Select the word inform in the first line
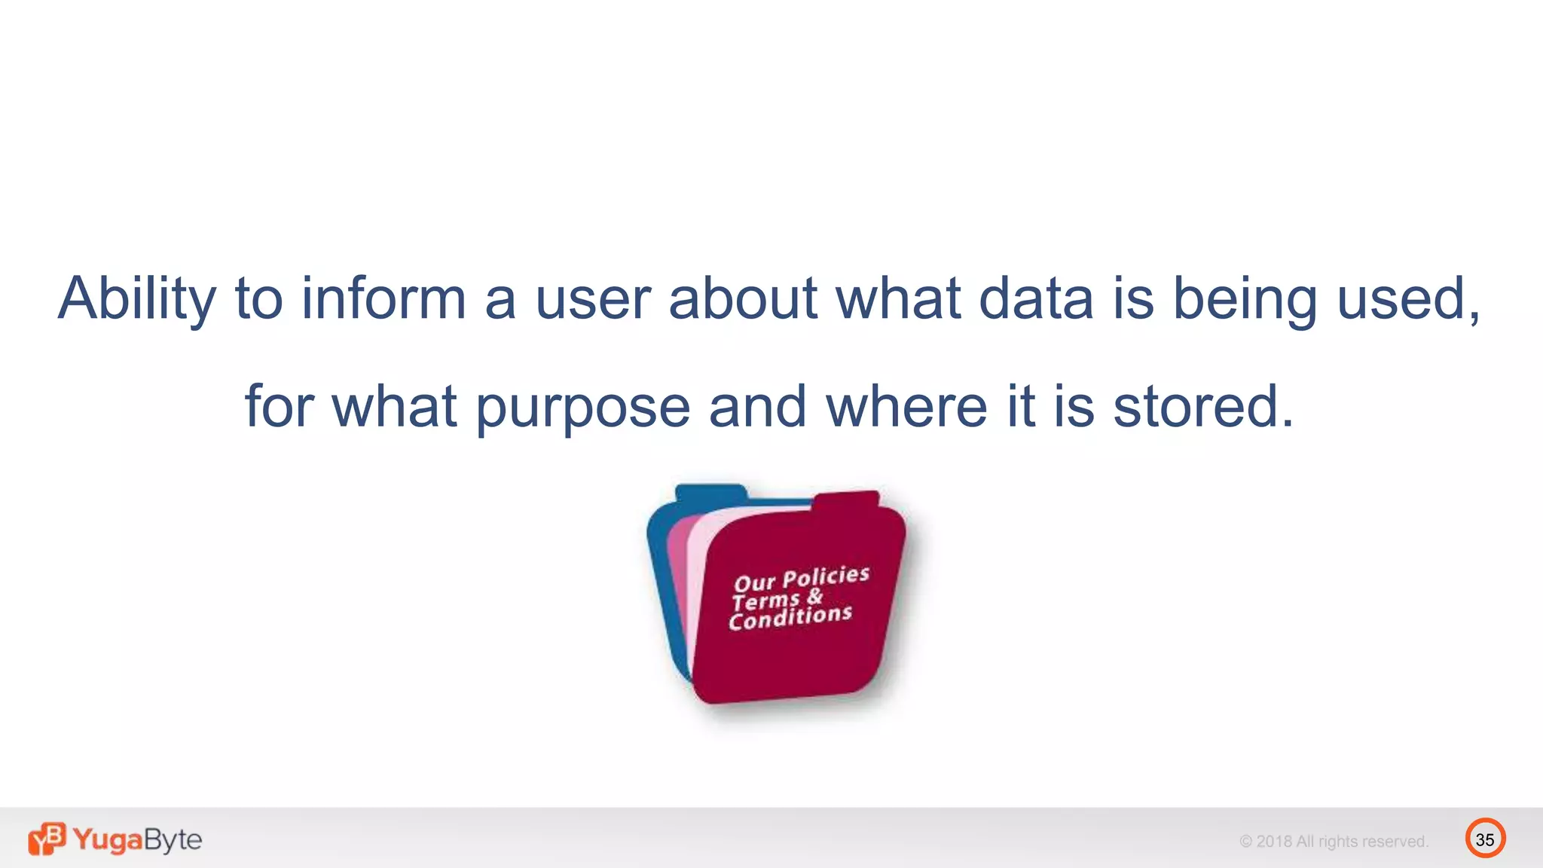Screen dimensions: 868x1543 pyautogui.click(x=383, y=298)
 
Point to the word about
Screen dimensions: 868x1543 pyautogui.click(x=743, y=298)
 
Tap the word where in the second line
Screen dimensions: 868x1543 pyautogui.click(x=906, y=407)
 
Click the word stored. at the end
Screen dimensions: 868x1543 pyautogui.click(x=1203, y=407)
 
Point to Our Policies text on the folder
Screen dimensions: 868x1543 pyautogui.click(x=802, y=579)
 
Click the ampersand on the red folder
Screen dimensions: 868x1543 pyautogui.click(x=814, y=597)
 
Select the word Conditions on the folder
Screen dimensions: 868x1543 pyautogui.click(x=790, y=616)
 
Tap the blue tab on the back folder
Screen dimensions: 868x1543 pyautogui.click(x=710, y=494)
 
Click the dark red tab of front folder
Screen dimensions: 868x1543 pyautogui.click(x=846, y=502)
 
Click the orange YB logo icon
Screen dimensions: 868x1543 pyautogui.click(x=47, y=839)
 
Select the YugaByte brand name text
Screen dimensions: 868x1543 pyautogui.click(x=137, y=839)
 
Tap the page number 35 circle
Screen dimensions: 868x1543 pyautogui.click(x=1485, y=839)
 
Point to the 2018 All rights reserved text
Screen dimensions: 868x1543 pyautogui.click(x=1334, y=842)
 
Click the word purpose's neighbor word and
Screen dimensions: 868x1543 pyautogui.click(x=757, y=407)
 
